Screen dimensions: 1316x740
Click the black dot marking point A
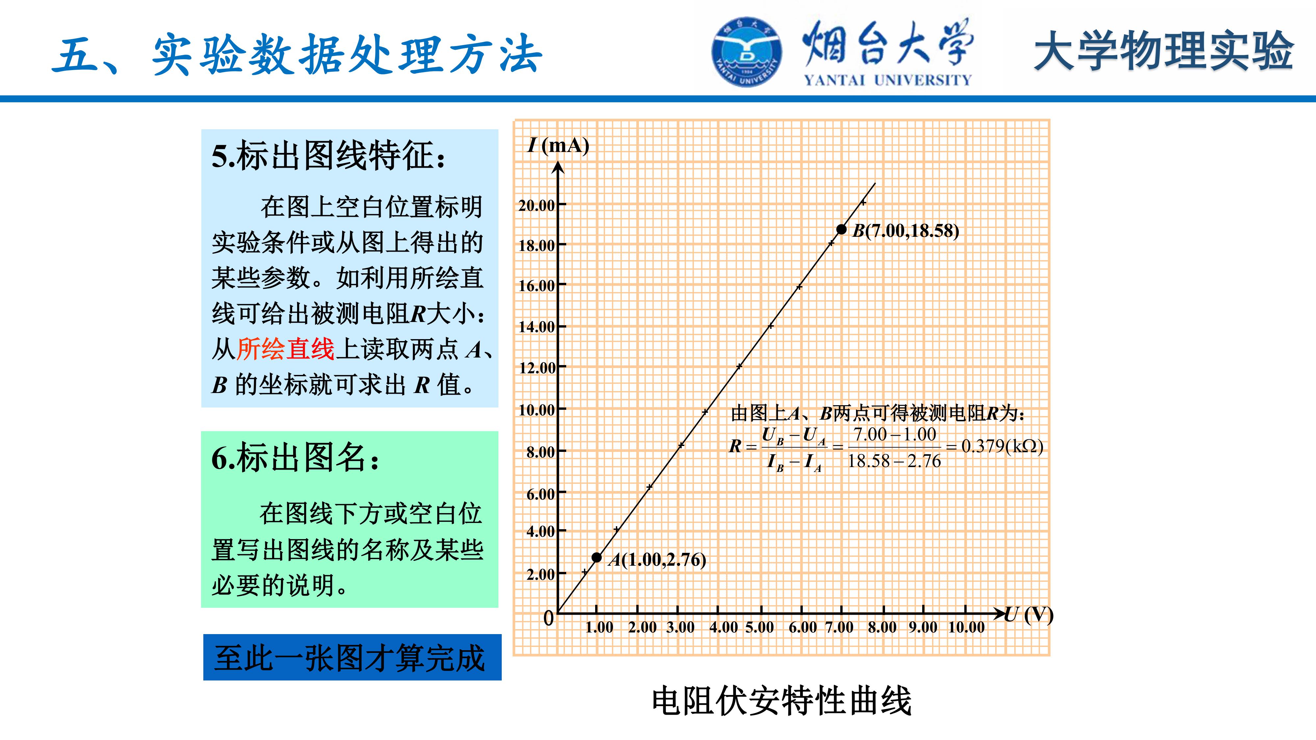click(x=597, y=557)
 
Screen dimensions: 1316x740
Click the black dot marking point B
click(x=841, y=229)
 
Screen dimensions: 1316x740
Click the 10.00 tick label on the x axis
click(x=966, y=627)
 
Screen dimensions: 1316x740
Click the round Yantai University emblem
click(x=747, y=52)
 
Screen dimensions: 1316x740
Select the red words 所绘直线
click(x=286, y=349)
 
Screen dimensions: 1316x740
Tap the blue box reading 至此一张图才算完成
click(x=352, y=657)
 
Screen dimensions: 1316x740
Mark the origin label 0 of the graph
click(x=548, y=618)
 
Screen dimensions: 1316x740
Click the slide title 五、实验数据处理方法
click(x=297, y=55)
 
